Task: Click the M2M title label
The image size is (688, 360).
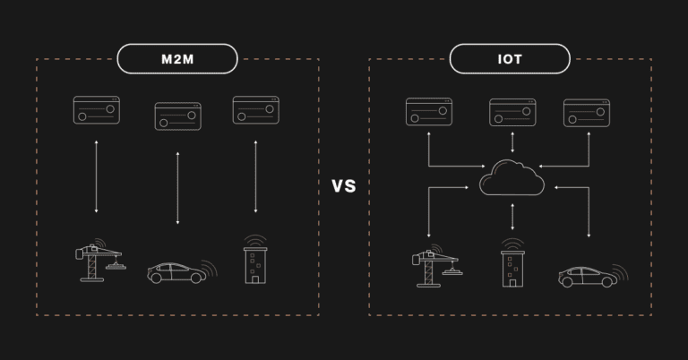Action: [177, 59]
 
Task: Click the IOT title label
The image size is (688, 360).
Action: [510, 59]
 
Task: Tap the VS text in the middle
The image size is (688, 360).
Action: [344, 186]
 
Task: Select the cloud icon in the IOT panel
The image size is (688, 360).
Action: [512, 177]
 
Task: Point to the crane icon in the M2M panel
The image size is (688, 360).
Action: [99, 261]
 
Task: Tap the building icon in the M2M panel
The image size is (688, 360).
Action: [256, 262]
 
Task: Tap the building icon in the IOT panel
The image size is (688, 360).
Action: [512, 266]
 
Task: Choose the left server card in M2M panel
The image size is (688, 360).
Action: [97, 110]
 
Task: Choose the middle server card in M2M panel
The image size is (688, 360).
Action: [177, 116]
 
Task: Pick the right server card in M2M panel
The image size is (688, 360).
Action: [255, 110]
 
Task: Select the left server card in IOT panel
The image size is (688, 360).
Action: [429, 112]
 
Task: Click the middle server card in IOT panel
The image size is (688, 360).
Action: [512, 112]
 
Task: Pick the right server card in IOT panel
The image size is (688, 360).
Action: [587, 112]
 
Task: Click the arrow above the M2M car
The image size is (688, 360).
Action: [177, 188]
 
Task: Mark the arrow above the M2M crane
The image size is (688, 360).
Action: [97, 176]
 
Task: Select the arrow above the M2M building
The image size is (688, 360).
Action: [256, 176]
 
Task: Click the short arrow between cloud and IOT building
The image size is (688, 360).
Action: [512, 217]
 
